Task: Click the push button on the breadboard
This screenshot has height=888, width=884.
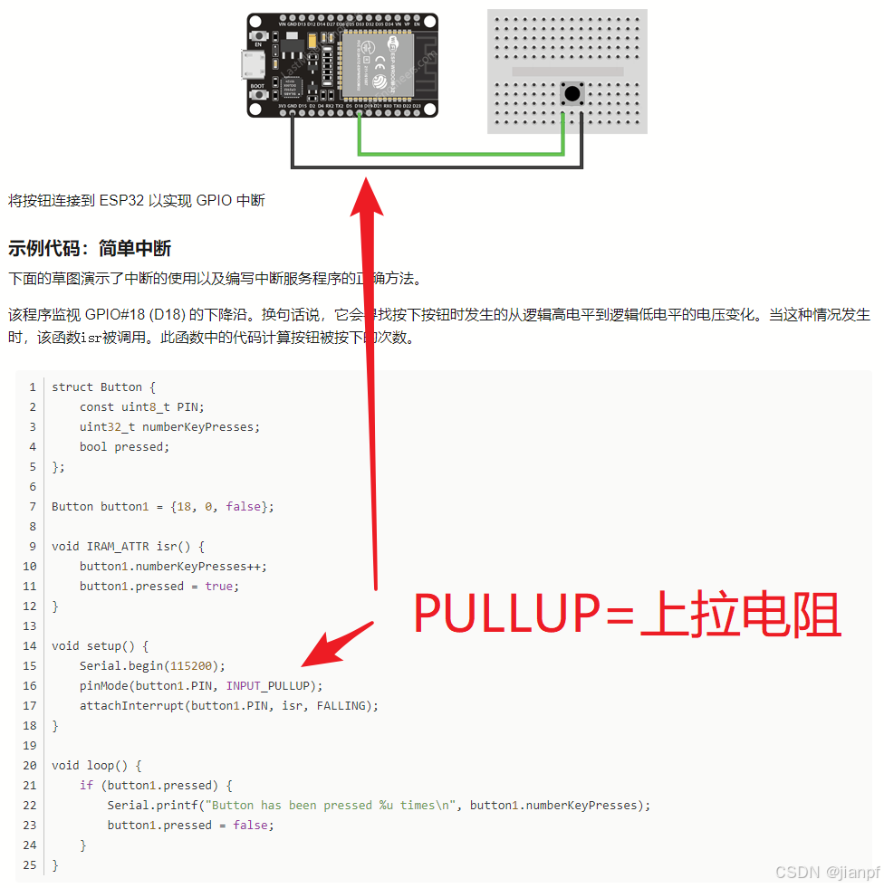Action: pyautogui.click(x=572, y=92)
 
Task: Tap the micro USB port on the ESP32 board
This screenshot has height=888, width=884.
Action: pyautogui.click(x=252, y=63)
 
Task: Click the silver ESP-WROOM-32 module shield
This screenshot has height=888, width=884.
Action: pyautogui.click(x=375, y=63)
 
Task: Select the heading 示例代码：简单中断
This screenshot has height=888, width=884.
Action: pyautogui.click(x=90, y=249)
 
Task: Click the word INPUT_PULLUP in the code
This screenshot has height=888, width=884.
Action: pyautogui.click(x=267, y=685)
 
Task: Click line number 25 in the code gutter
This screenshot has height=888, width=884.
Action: pyautogui.click(x=30, y=864)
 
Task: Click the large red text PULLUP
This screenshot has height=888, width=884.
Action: pyautogui.click(x=507, y=615)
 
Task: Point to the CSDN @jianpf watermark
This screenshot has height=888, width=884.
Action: pyautogui.click(x=826, y=872)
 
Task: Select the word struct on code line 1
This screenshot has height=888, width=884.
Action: pyautogui.click(x=72, y=387)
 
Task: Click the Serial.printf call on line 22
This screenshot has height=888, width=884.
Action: pyautogui.click(x=149, y=805)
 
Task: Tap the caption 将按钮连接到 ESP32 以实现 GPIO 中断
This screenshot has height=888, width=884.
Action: pyautogui.click(x=137, y=200)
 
